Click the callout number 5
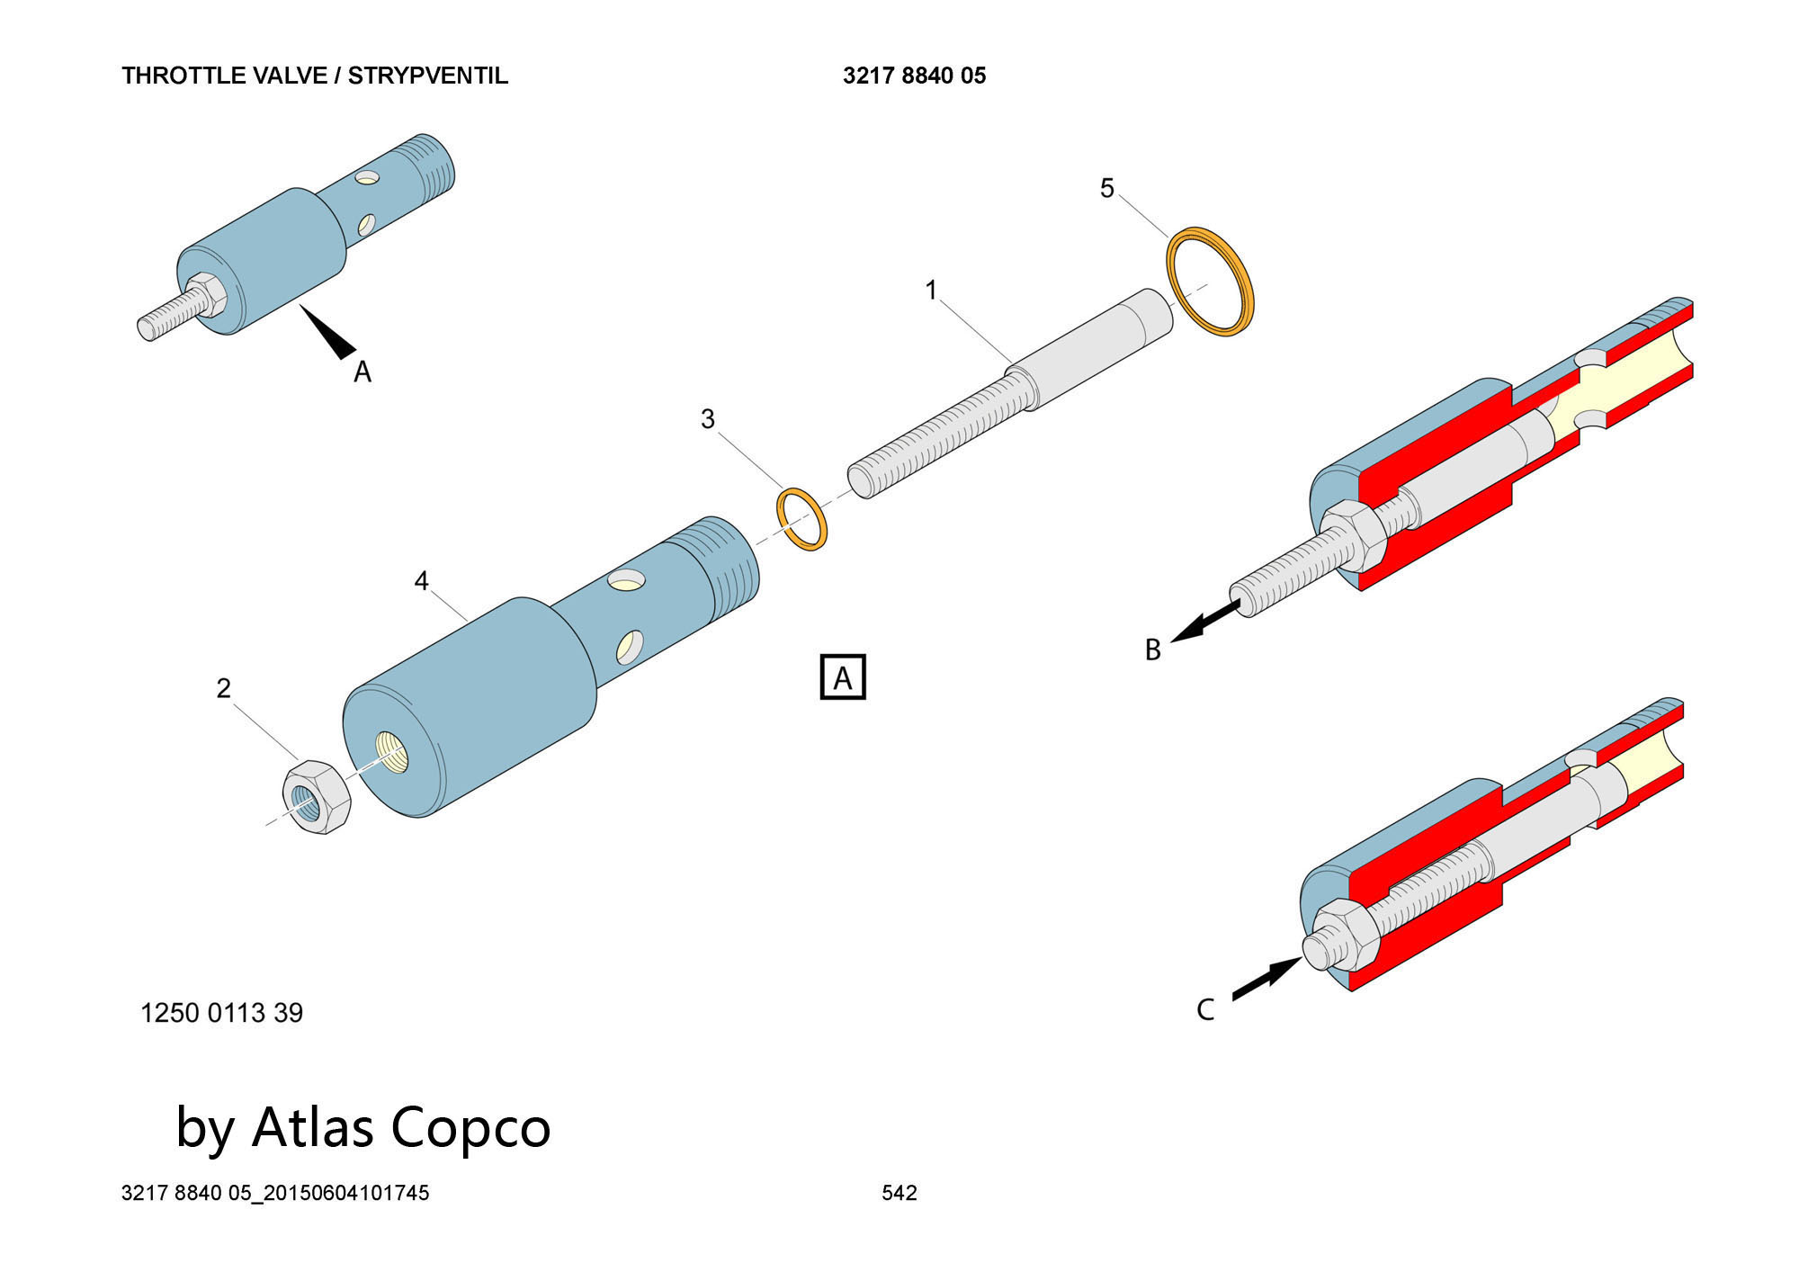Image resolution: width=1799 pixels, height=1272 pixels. [1107, 188]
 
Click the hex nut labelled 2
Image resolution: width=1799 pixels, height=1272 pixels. [317, 796]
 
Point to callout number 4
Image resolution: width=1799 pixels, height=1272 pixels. [421, 581]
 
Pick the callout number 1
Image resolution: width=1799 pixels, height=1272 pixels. [931, 290]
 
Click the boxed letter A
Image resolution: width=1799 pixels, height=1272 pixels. [843, 677]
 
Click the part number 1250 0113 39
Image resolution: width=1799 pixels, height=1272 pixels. [221, 1013]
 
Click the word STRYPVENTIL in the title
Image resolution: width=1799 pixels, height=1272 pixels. [428, 76]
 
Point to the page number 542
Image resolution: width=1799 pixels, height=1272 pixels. [899, 1193]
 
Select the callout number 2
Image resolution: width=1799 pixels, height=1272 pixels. [224, 688]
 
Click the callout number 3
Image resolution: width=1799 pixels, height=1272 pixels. [708, 419]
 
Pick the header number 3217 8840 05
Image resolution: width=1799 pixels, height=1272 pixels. [914, 76]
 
